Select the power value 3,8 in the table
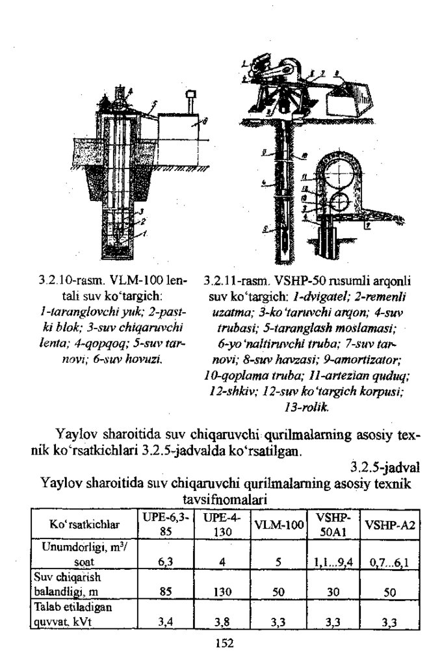[x=222, y=622]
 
